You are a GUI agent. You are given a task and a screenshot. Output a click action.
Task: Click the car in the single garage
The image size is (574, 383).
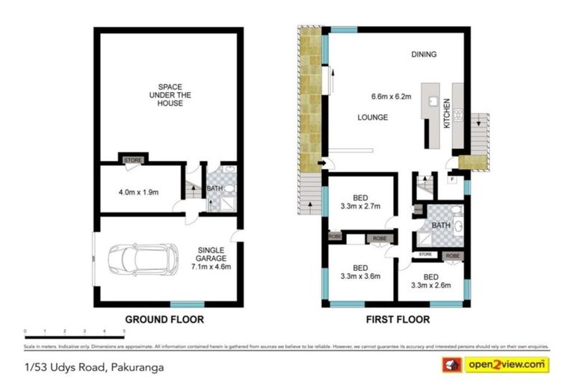143,260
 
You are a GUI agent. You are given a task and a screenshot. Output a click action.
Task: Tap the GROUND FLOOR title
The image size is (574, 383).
164,319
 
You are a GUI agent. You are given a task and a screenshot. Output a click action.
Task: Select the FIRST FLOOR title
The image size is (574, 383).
398,319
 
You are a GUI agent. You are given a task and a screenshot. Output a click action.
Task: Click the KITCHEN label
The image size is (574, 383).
447,114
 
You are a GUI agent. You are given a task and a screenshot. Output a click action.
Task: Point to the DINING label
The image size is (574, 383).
423,55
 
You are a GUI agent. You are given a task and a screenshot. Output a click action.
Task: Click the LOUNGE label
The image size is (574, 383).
371,117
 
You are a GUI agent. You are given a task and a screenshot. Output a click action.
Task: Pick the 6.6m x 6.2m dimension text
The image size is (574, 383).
392,96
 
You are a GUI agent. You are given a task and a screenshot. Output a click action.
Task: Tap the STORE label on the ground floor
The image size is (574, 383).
133,159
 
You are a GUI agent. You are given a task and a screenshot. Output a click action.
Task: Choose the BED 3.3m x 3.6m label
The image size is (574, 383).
361,272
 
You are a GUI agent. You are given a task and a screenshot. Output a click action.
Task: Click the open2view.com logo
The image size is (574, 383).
505,365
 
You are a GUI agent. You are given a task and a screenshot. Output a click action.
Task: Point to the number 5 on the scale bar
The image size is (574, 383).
123,330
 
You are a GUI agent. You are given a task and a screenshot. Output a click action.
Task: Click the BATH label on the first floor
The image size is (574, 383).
440,224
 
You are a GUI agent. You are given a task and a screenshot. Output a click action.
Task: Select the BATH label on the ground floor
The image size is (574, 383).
215,189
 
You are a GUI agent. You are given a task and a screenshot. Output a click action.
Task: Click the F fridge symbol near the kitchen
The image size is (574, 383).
451,178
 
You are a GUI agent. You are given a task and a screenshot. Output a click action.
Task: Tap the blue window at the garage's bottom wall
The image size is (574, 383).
187,304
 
